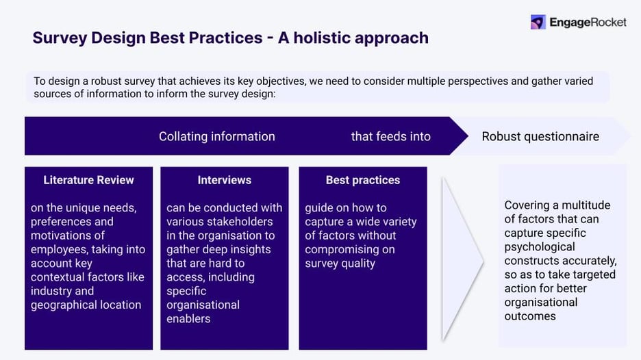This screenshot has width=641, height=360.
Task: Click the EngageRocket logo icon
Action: click(x=538, y=23)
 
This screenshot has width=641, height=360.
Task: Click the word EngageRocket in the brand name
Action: click(x=588, y=23)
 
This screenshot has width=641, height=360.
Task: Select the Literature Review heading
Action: click(x=88, y=180)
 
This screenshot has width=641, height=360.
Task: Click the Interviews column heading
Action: click(x=224, y=180)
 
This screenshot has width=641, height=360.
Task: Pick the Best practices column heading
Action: click(x=362, y=180)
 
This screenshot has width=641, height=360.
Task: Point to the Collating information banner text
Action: click(x=216, y=136)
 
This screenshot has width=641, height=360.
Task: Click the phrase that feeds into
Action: click(x=390, y=136)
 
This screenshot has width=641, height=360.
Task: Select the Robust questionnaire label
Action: click(x=540, y=136)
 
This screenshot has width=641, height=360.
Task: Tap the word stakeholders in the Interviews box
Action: click(x=241, y=222)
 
